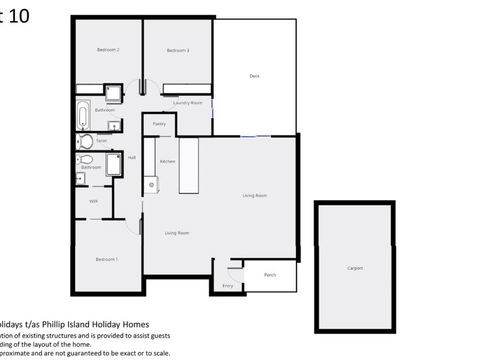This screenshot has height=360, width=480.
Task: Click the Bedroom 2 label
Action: (108, 50)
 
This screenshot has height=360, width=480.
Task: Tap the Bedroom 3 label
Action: (178, 50)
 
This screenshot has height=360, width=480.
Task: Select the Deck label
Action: (254, 76)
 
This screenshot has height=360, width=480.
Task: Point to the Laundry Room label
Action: (188, 103)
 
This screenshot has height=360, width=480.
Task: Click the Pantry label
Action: (160, 124)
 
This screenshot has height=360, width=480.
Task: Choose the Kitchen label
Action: (168, 161)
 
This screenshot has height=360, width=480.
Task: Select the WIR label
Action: (93, 201)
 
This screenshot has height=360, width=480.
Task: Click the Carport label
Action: (355, 268)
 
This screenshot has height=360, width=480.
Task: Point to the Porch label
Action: (270, 275)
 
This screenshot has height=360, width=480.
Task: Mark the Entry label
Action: (227, 286)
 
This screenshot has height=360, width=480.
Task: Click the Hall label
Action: (132, 157)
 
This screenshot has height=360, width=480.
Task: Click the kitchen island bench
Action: (188, 166)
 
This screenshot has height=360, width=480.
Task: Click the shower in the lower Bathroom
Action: (114, 164)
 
